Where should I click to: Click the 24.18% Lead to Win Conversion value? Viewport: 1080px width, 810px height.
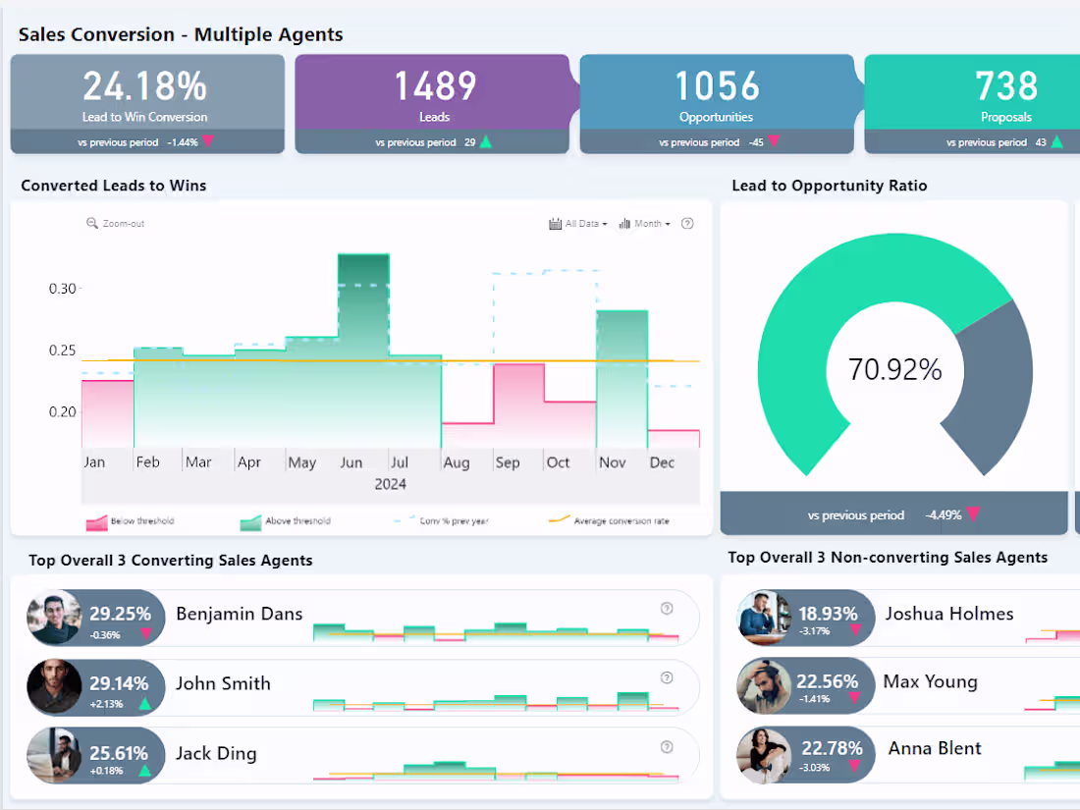click(145, 87)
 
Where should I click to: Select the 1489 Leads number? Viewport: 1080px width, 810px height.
click(435, 87)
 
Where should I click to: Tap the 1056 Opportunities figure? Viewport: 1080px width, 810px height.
click(717, 87)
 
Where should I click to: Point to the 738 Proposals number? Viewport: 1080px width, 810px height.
click(1006, 87)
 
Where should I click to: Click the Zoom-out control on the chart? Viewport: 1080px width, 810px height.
click(116, 224)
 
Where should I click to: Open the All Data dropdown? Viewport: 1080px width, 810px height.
click(578, 224)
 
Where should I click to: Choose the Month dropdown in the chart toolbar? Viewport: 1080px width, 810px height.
click(645, 224)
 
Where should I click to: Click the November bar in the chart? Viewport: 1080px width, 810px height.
click(621, 373)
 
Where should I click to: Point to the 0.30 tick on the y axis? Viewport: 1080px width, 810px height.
click(62, 289)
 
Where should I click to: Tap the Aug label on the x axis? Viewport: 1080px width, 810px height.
click(456, 462)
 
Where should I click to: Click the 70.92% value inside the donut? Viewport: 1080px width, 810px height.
click(894, 370)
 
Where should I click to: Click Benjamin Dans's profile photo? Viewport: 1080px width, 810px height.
click(54, 618)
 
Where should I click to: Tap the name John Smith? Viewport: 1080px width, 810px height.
click(223, 684)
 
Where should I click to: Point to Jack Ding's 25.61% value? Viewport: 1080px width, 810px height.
click(118, 753)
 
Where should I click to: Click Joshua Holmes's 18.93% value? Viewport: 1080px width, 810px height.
click(827, 614)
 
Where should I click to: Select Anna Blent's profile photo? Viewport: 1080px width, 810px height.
click(764, 754)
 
